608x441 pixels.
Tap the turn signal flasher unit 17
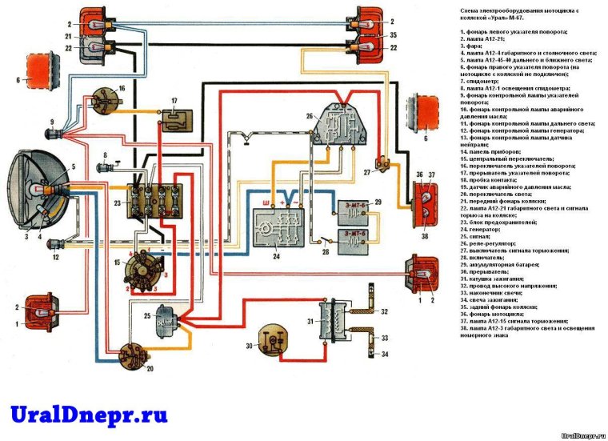coord(174,118)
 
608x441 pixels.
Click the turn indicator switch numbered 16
coord(106,101)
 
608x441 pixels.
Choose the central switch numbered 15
coord(141,270)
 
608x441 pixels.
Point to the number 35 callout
coord(392,36)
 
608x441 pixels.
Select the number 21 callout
coord(69,37)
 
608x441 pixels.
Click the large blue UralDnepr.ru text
coord(89,415)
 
